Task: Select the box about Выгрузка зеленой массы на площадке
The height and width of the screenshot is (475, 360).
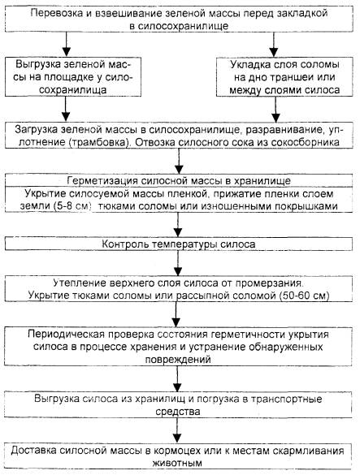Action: coord(73,77)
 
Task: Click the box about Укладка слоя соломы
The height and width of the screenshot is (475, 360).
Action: coord(284,77)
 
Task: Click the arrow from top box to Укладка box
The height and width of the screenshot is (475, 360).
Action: coord(274,44)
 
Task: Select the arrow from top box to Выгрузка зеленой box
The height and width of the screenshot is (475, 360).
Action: coord(66,44)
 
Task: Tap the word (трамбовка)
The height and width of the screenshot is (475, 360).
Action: coord(99,143)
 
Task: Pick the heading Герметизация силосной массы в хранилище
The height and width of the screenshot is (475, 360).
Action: coord(179,180)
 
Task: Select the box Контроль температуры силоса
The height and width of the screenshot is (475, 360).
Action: coord(179,244)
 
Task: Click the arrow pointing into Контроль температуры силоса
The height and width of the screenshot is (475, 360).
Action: coord(178,224)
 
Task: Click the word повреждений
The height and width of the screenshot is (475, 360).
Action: coord(178,360)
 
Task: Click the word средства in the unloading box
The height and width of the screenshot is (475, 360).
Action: coord(178,412)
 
